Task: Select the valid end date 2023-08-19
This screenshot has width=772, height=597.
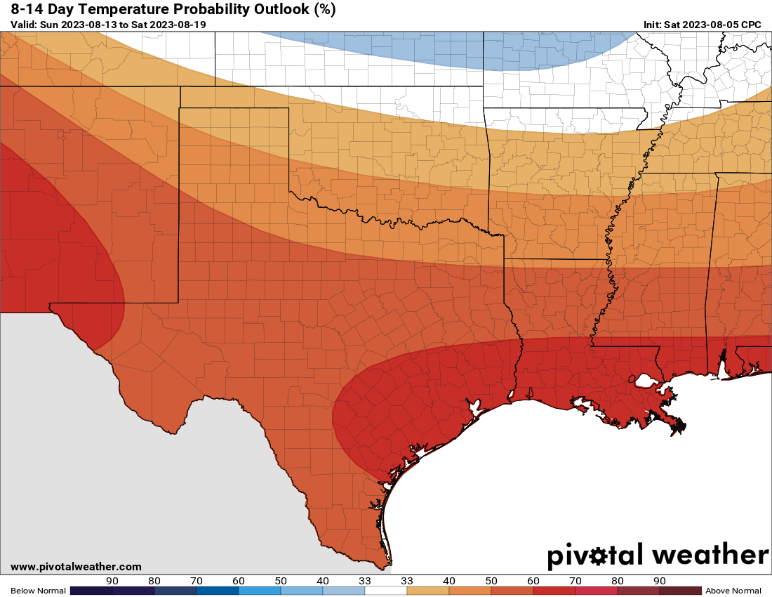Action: [178, 25]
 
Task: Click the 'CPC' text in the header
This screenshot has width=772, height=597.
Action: [752, 25]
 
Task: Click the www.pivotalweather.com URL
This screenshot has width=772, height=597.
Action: [76, 567]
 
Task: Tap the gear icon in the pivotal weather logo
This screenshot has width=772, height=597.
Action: [598, 556]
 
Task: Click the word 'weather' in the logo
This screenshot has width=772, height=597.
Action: [710, 555]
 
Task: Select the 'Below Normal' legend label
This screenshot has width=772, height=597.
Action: [38, 591]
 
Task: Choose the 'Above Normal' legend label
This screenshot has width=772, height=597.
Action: [733, 591]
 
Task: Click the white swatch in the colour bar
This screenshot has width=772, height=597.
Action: [386, 591]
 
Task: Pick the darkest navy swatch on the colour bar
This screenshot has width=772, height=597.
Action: [91, 591]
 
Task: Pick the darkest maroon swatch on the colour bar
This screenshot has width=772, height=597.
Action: [681, 591]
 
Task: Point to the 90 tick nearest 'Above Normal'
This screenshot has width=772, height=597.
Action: [660, 581]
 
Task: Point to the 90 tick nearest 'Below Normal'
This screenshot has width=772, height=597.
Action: [112, 581]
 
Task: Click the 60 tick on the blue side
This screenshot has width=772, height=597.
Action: [239, 581]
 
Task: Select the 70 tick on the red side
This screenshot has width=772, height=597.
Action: [575, 581]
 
